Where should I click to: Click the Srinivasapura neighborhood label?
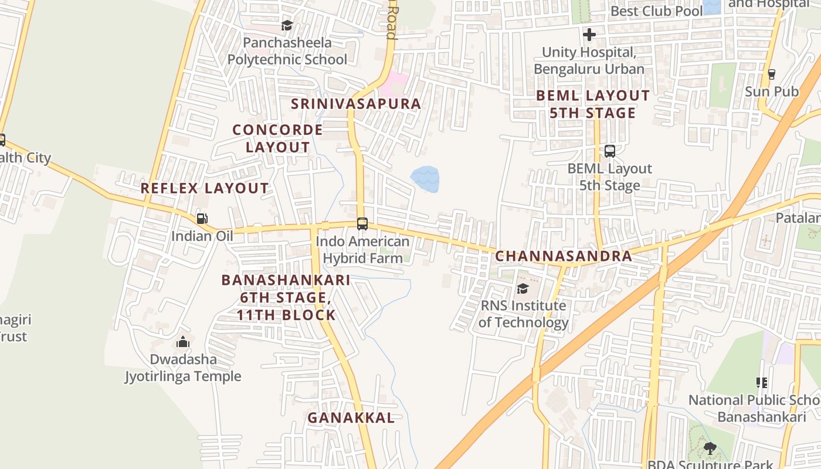tap(356, 104)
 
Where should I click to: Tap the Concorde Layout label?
tap(277, 138)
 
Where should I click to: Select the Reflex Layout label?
tap(205, 188)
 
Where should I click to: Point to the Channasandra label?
tap(564, 256)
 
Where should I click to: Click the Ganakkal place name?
tap(351, 417)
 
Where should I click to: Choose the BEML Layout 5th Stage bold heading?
tap(593, 104)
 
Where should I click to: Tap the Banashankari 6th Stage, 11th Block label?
tap(286, 297)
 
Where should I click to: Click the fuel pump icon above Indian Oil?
tap(202, 219)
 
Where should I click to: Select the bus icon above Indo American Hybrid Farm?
tap(362, 223)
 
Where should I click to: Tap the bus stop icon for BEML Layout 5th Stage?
tap(610, 151)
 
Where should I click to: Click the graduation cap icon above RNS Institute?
tap(523, 288)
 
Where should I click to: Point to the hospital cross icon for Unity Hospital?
tap(589, 35)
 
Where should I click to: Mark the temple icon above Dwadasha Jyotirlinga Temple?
tap(183, 342)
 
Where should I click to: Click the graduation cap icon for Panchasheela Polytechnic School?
tap(287, 25)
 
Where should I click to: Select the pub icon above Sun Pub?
tap(771, 74)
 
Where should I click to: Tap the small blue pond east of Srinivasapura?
tap(425, 178)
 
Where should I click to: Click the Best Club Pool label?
tap(656, 11)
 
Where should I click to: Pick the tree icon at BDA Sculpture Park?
tap(710, 449)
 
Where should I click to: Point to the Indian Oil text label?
tap(202, 236)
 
